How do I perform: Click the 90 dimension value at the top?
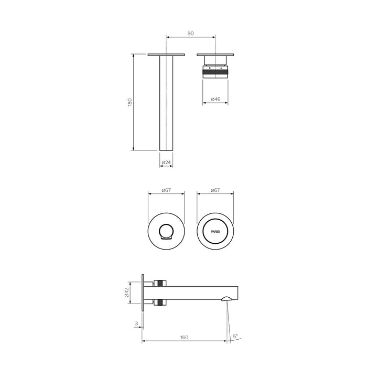point(190,33)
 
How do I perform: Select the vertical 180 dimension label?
point(129,102)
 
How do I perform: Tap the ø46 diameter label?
point(215,99)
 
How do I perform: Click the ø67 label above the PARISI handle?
point(215,190)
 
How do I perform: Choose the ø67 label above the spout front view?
point(167,190)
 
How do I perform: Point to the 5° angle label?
point(235,336)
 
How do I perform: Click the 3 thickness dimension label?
point(136,324)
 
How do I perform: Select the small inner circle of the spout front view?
point(167,231)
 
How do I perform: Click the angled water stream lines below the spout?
point(228,320)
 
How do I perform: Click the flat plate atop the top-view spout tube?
point(166,55)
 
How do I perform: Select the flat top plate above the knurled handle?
point(215,55)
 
